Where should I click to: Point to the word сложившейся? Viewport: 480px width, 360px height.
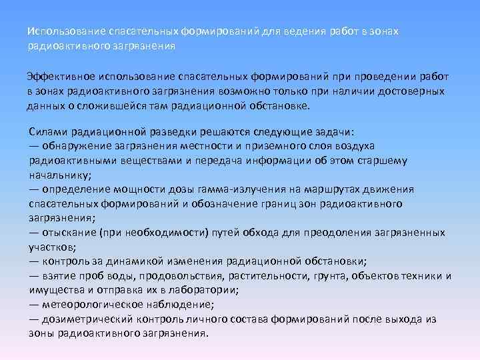(111, 105)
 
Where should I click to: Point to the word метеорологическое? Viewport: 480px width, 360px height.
(91, 305)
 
